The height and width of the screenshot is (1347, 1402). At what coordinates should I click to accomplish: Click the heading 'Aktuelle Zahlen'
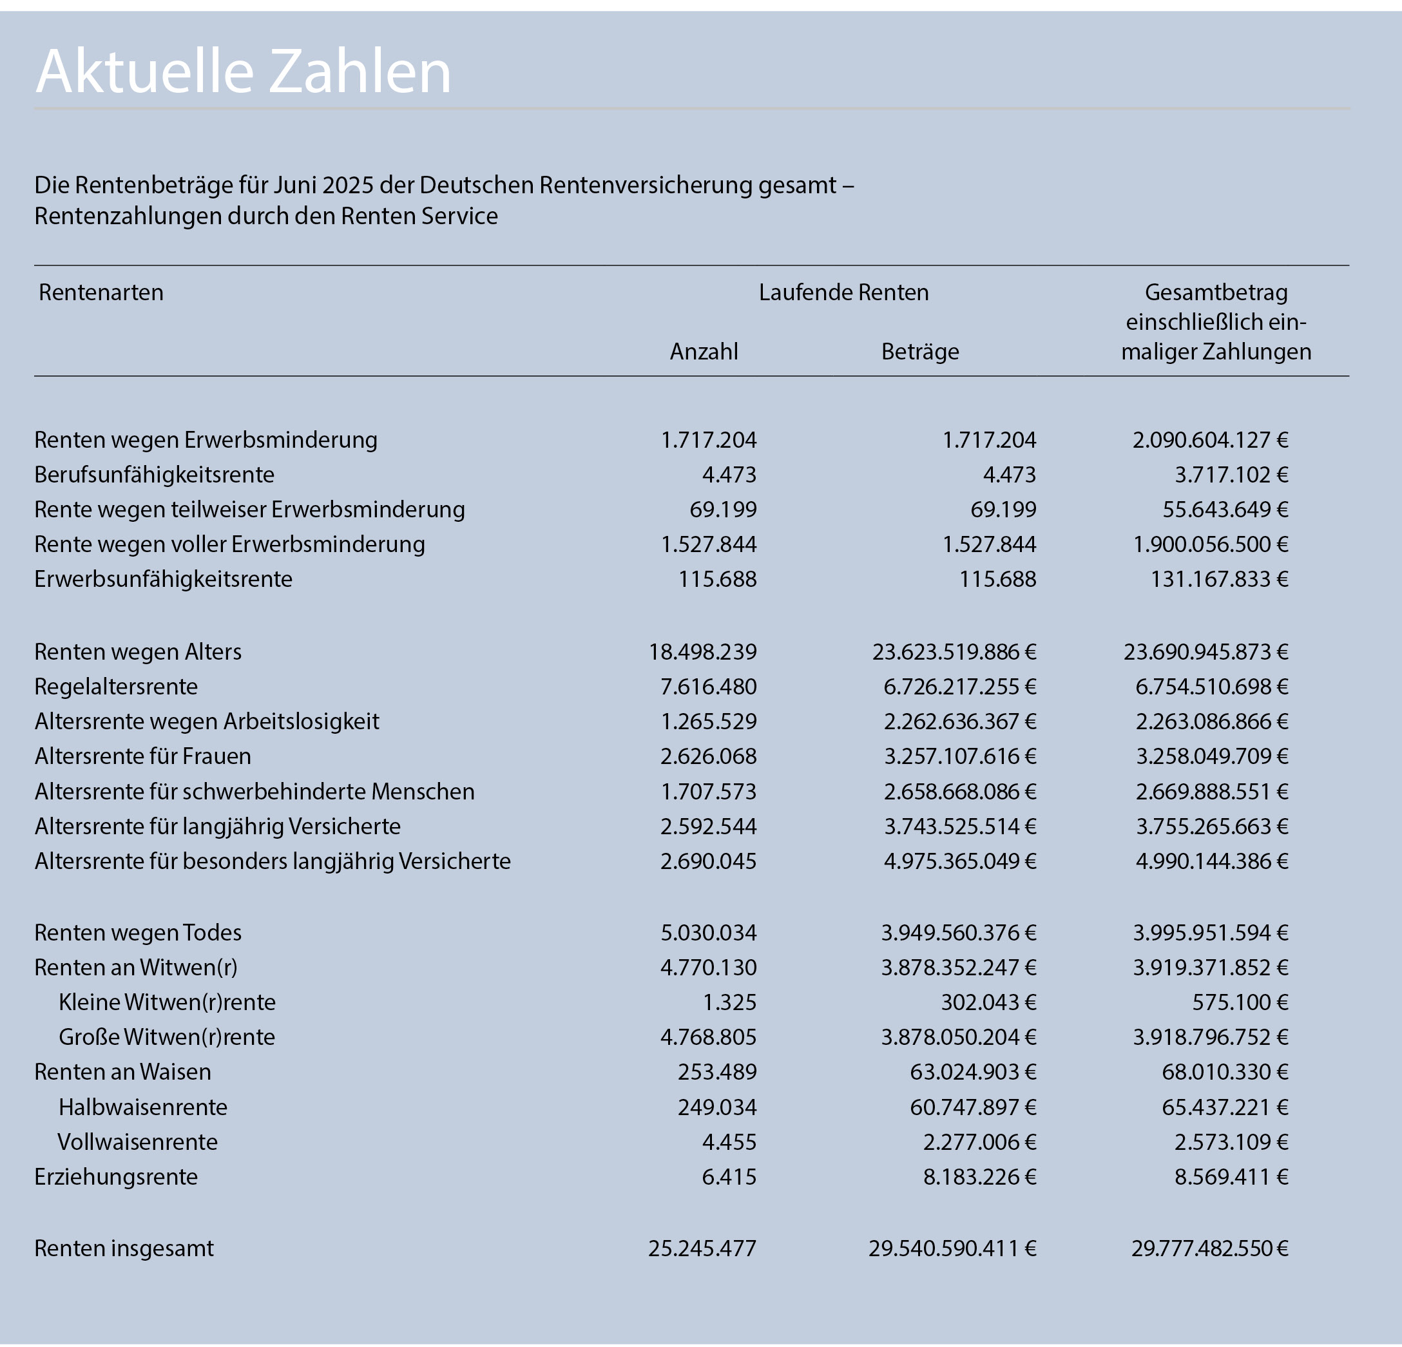point(243,72)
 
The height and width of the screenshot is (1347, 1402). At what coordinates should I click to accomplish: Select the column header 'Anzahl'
point(704,351)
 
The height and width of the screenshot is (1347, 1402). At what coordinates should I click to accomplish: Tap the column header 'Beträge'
point(920,351)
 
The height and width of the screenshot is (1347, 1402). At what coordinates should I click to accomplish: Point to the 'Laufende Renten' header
point(843,292)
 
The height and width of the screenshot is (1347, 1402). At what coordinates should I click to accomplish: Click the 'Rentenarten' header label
point(101,292)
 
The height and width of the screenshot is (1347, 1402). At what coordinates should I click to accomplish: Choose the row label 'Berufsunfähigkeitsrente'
point(154,474)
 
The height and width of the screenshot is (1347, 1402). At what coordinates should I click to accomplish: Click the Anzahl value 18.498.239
point(702,652)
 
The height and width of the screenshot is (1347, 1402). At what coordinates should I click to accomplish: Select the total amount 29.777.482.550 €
point(1209,1248)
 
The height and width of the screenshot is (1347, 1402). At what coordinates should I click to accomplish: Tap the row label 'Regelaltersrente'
point(116,687)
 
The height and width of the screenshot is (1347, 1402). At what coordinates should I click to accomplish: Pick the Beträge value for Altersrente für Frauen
point(960,756)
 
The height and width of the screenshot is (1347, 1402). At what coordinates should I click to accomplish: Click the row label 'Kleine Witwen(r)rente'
point(168,1002)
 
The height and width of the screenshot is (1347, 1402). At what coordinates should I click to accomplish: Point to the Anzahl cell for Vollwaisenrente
point(729,1142)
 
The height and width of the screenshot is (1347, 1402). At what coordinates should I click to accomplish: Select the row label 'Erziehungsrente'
point(116,1177)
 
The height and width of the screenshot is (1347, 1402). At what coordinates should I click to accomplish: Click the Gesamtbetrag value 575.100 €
point(1240,1002)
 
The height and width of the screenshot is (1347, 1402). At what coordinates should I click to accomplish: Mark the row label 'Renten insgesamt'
point(124,1248)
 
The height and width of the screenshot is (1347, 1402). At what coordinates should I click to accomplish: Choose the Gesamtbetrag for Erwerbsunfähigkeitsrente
point(1219,578)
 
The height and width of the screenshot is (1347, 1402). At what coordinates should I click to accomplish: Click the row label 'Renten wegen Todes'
point(138,933)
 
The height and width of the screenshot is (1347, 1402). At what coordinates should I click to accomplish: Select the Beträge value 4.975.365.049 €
point(960,861)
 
